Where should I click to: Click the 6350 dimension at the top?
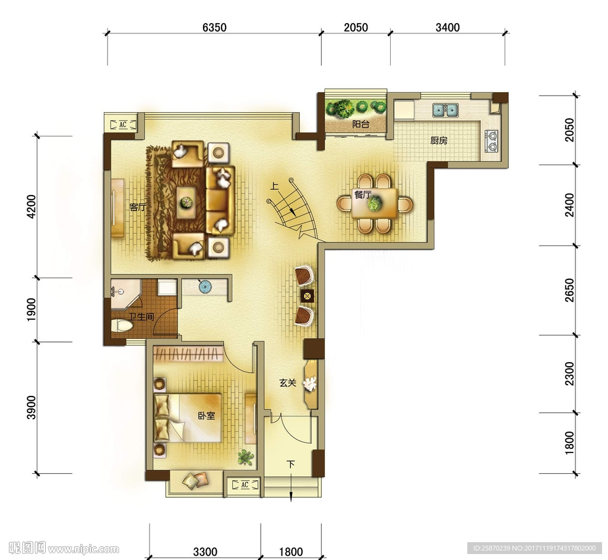[214, 27]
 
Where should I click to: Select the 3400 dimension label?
[448, 27]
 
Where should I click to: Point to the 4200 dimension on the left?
[31, 207]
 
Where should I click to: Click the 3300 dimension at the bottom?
[205, 552]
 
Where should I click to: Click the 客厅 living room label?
[138, 207]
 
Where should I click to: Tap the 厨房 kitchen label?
[439, 140]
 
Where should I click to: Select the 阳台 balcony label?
[360, 124]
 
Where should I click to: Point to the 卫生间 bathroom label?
[141, 317]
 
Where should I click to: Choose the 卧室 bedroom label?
[206, 416]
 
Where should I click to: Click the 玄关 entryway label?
[288, 383]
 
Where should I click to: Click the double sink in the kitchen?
[445, 110]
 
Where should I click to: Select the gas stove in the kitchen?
[492, 141]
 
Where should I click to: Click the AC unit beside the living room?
[123, 125]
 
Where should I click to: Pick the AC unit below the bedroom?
[245, 485]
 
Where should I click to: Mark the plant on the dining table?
[375, 203]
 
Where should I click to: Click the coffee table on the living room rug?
[186, 202]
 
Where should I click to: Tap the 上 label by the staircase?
[274, 187]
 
